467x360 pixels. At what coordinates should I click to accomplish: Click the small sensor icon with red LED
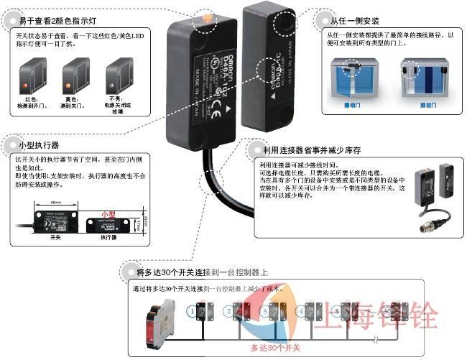[x=31, y=78]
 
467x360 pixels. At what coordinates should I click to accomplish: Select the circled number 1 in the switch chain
[x=191, y=311]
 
